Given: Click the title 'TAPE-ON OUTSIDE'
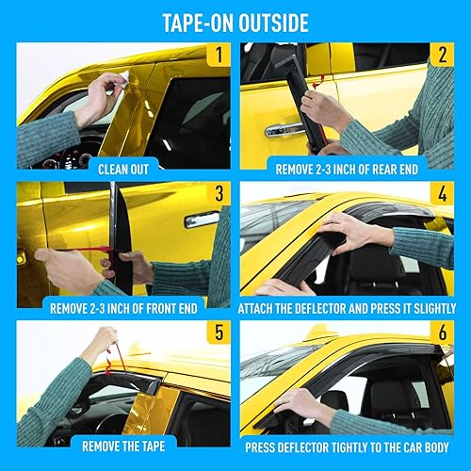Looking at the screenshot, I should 235,20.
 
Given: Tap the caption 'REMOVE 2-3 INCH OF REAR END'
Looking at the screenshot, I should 347,170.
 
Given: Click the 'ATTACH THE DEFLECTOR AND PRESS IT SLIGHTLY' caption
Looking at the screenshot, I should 347,308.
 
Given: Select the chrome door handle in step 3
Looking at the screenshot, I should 202,219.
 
